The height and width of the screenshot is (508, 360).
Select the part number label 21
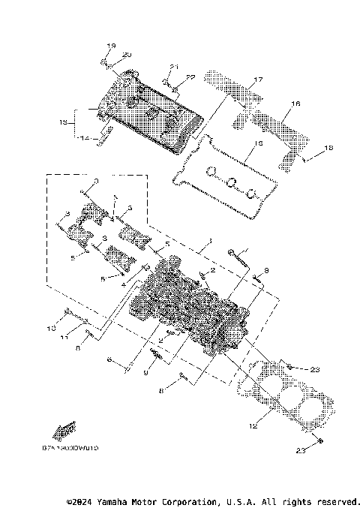[173, 67]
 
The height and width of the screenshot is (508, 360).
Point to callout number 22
[190, 77]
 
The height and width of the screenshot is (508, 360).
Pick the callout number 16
[295, 105]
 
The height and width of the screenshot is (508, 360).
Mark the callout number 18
[328, 150]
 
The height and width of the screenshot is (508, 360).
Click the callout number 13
[64, 121]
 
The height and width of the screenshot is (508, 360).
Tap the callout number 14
[84, 138]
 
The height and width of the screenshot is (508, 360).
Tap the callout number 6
[109, 361]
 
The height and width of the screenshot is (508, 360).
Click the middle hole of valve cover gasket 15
[232, 181]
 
